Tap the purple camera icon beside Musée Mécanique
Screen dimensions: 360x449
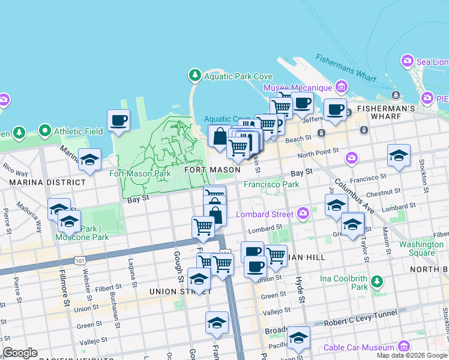point(342,88)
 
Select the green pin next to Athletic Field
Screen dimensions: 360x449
point(44,130)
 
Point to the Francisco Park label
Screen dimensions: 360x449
point(271,184)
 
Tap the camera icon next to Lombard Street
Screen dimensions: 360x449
point(303,214)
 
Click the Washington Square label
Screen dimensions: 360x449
point(421,248)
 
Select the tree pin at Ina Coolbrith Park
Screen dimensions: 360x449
point(376,281)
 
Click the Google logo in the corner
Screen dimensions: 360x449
point(20,353)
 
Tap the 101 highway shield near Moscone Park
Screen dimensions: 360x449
point(79,260)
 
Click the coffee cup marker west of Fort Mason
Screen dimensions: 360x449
point(118,120)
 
